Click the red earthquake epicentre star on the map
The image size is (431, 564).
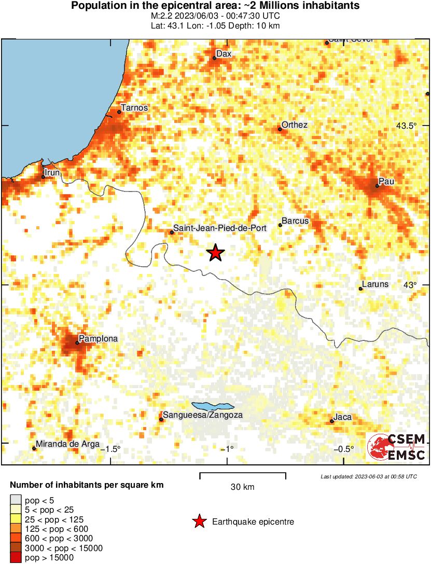[x=216, y=253]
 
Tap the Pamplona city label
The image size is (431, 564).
[x=98, y=339]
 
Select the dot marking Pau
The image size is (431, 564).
[x=377, y=186]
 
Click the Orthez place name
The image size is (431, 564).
[x=295, y=125]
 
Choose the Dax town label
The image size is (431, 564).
[x=224, y=54]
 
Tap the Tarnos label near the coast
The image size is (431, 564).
[x=134, y=108]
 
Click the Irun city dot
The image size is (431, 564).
[x=43, y=177]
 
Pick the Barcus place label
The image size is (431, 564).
[x=295, y=221]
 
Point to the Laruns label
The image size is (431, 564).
[x=375, y=284]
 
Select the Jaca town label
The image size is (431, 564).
[x=342, y=417]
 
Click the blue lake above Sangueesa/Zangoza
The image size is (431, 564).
[x=213, y=406]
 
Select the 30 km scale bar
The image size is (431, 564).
[x=243, y=474]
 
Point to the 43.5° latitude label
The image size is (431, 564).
[x=406, y=126]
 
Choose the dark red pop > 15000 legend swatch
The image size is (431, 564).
[x=16, y=558]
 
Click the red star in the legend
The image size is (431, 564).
[x=199, y=522]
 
